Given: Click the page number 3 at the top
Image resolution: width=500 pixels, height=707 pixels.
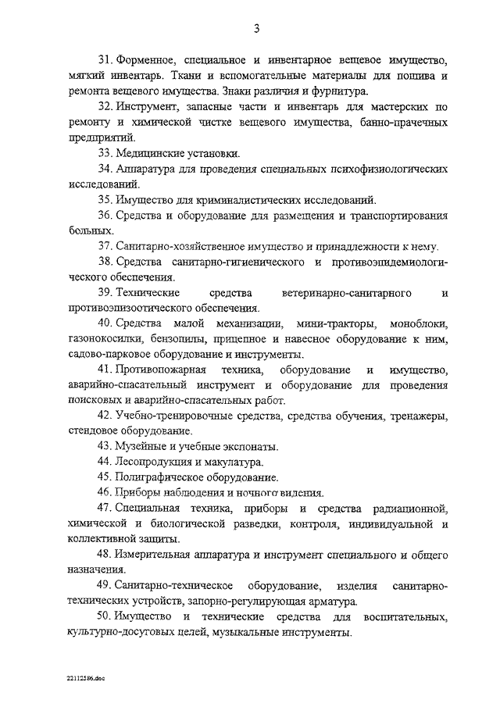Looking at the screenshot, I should coord(255,30).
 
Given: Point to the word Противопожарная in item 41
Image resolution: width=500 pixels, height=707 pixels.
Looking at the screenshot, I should coord(168,369).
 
